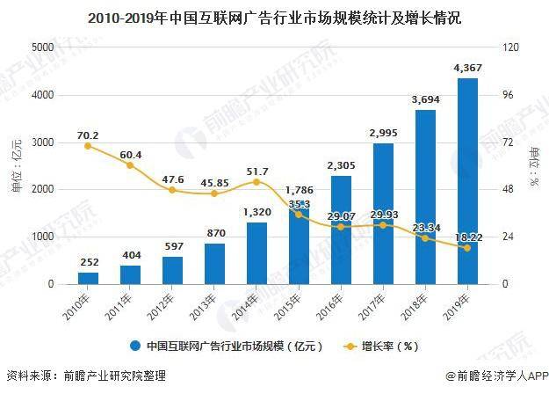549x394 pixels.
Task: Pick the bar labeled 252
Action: (x=88, y=278)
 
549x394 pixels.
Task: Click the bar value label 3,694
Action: (x=425, y=100)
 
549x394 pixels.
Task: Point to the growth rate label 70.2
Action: (x=88, y=135)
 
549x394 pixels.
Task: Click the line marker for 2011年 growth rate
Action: (x=130, y=165)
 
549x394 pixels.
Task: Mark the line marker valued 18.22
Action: (x=467, y=248)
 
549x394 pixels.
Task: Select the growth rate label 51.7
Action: (x=256, y=171)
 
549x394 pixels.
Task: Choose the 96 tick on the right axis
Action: (x=507, y=95)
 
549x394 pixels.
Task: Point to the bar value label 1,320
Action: (x=256, y=212)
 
